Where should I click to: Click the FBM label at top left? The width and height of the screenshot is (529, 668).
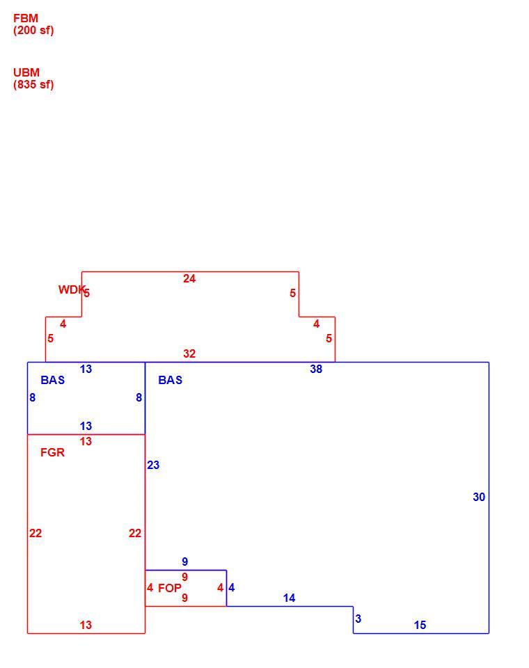click(26, 18)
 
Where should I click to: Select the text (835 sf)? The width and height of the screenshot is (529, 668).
click(33, 84)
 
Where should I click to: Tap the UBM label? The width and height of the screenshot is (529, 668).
click(26, 72)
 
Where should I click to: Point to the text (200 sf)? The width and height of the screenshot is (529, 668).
click(33, 30)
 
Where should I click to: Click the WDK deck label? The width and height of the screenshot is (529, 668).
click(72, 289)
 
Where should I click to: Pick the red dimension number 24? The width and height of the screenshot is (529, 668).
click(189, 278)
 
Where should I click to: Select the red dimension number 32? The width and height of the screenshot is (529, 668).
click(189, 353)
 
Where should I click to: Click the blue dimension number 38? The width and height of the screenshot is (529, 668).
click(316, 369)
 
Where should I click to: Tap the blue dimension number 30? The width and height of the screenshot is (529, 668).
click(479, 497)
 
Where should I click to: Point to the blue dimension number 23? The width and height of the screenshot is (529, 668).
click(153, 466)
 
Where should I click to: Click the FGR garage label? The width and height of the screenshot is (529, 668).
click(52, 452)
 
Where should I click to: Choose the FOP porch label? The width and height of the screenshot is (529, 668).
click(170, 589)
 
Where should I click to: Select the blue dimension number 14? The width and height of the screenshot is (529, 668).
click(289, 598)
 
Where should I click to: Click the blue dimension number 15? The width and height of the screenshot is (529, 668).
click(420, 625)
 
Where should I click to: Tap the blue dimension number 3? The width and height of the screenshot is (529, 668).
click(358, 619)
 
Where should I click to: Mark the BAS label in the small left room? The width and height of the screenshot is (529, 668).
click(52, 380)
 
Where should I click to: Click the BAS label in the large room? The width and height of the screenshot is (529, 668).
click(170, 380)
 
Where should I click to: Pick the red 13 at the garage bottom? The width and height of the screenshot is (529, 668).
click(86, 625)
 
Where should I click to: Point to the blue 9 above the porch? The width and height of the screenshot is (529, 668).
click(184, 562)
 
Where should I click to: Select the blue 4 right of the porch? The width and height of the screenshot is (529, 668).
click(232, 588)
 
